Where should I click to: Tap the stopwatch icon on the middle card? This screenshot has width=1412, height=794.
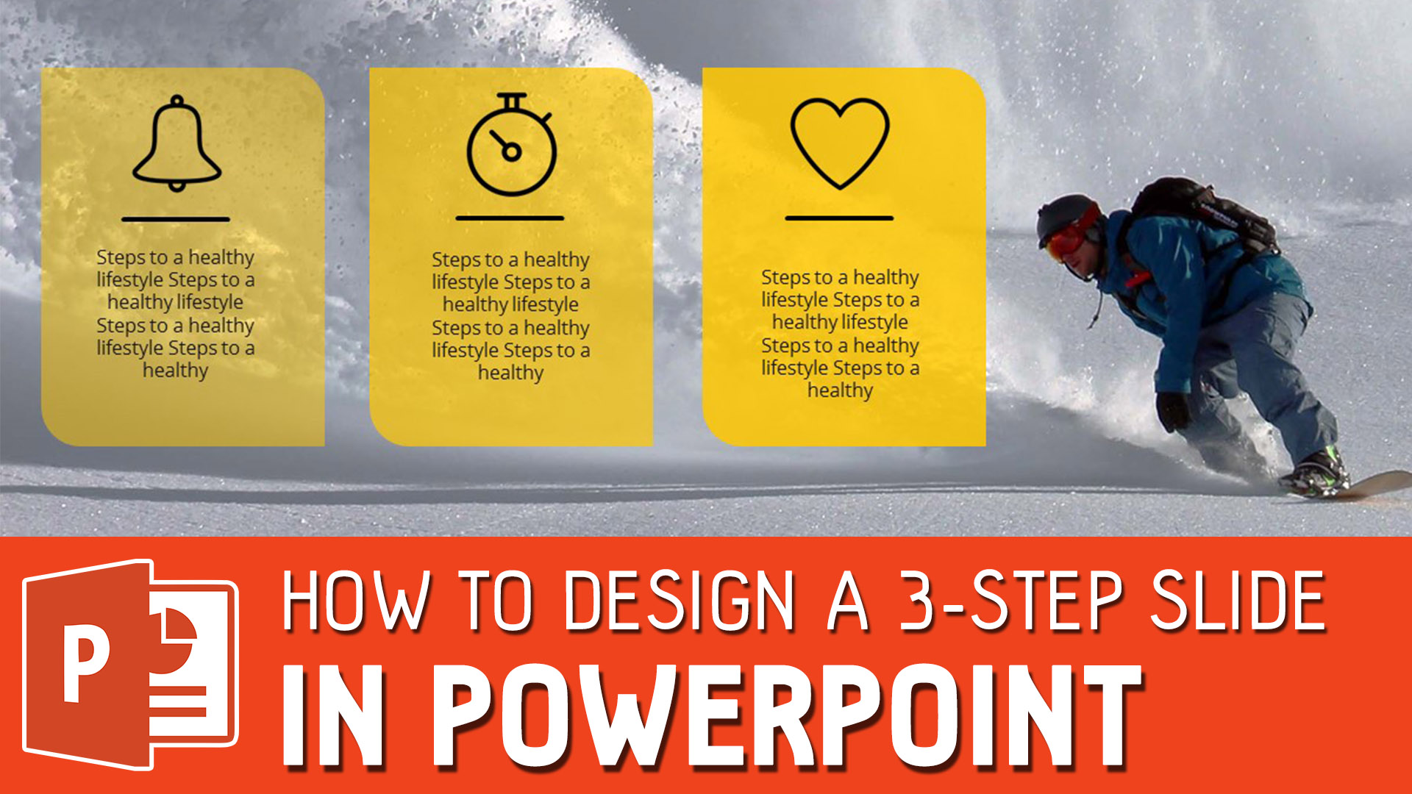click(x=512, y=147)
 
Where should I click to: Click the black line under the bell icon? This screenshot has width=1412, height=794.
click(x=176, y=219)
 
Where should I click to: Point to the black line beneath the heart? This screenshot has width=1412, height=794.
click(x=839, y=218)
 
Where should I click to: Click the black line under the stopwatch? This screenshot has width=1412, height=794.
click(x=510, y=218)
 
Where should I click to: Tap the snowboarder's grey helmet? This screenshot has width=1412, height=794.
click(x=1063, y=214)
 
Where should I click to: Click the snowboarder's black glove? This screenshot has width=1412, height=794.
click(x=1173, y=411)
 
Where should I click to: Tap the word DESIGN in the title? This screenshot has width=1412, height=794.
click(x=680, y=601)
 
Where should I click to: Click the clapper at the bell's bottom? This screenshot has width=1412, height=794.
click(x=176, y=185)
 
